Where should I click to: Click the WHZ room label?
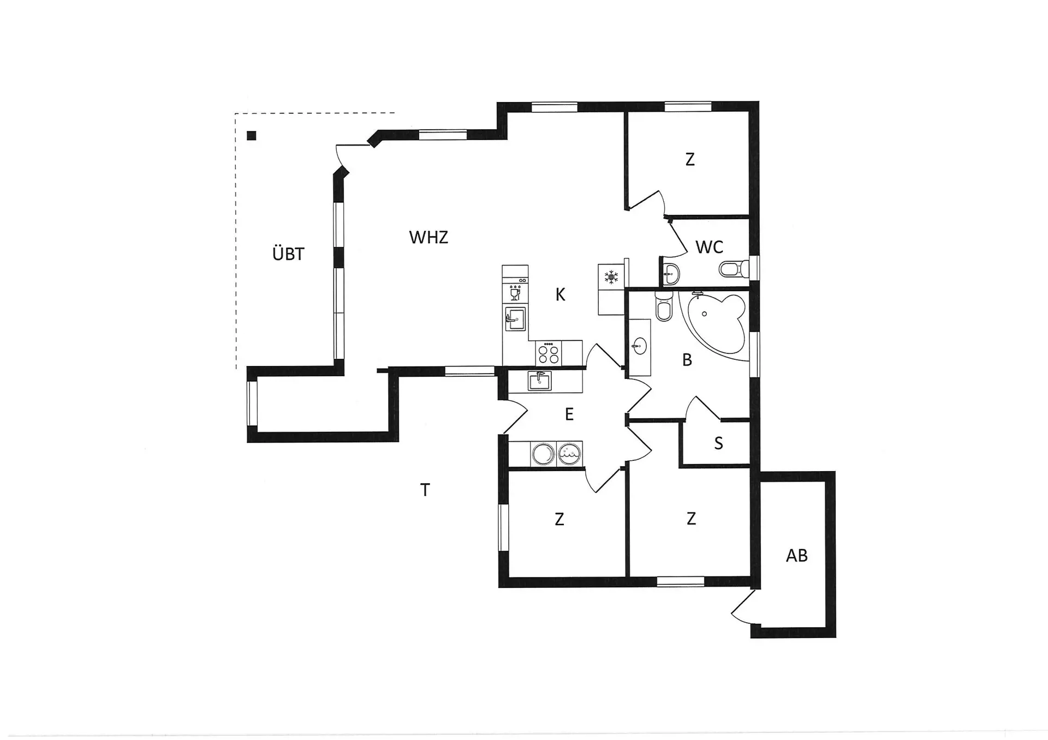(x=428, y=237)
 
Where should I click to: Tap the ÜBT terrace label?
(x=288, y=254)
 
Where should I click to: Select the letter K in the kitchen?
(x=560, y=295)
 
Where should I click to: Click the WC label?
(x=709, y=247)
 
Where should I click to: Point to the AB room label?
(x=796, y=556)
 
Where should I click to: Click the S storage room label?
(x=718, y=443)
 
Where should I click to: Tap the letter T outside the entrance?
(x=425, y=490)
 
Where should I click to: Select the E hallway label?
(x=569, y=414)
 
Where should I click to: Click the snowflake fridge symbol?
(x=611, y=277)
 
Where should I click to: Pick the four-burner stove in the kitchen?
(x=549, y=352)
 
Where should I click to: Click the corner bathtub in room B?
(x=716, y=324)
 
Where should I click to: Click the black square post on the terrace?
(x=251, y=136)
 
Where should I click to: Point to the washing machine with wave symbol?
(x=569, y=454)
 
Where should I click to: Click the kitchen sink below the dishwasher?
(x=515, y=318)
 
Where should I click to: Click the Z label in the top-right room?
(x=690, y=160)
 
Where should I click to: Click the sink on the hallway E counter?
(x=539, y=380)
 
